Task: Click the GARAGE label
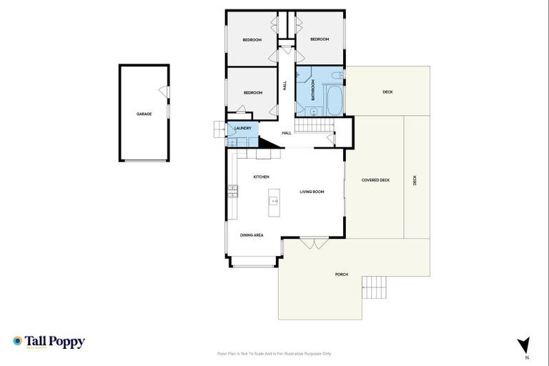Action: tap(144, 114)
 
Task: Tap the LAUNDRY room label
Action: tap(242, 128)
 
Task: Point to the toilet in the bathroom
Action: tap(337, 74)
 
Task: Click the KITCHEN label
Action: tap(261, 177)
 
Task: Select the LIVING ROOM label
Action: tap(312, 192)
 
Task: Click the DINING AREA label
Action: tap(252, 234)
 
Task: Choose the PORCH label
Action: tap(341, 274)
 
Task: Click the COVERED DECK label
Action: tap(375, 180)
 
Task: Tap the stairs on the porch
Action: tap(375, 287)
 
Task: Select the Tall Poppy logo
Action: tap(49, 342)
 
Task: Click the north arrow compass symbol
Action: tap(524, 345)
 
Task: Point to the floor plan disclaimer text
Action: tap(274, 353)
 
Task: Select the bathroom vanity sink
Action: tap(313, 111)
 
